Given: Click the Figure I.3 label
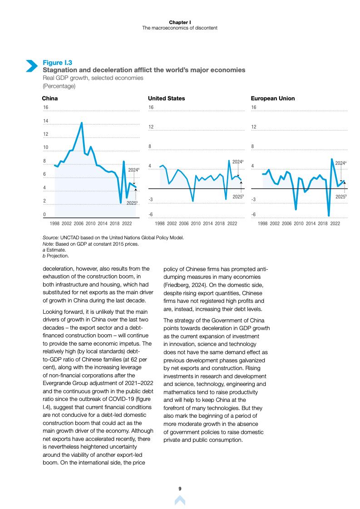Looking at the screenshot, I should (x=57, y=63).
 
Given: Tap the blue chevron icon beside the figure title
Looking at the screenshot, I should (x=31, y=66).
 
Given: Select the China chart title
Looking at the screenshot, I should (x=49, y=98).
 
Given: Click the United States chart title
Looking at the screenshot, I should (x=167, y=98).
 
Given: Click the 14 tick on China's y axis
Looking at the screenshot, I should (x=45, y=121).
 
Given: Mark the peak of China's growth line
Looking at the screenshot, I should (x=82, y=123).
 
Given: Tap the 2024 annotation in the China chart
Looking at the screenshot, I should (x=133, y=170).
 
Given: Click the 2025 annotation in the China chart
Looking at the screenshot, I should (x=132, y=203).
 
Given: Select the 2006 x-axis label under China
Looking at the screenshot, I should (x=79, y=223).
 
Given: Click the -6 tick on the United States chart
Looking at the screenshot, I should (x=151, y=214).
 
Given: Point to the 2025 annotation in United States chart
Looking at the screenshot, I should (x=238, y=197).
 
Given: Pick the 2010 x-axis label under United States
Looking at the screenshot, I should (x=196, y=223).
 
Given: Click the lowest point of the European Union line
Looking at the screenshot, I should (x=329, y=216).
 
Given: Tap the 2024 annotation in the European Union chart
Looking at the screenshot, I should (x=341, y=162).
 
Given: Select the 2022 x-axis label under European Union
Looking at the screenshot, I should (x=335, y=223).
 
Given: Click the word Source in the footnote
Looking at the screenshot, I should (x=48, y=237).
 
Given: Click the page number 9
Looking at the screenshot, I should (x=180, y=488).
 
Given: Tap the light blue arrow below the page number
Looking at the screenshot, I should (x=180, y=500).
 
